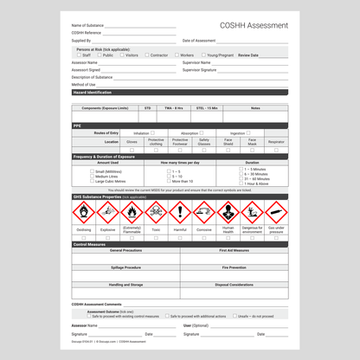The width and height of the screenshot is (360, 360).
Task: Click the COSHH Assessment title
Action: [x=254, y=26]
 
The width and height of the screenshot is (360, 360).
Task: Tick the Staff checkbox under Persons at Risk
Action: [x=77, y=55]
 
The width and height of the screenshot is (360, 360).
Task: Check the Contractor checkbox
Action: [x=146, y=55]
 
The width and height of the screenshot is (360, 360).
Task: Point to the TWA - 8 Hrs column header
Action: [x=173, y=108]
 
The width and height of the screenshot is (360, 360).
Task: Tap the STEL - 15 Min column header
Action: [x=207, y=108]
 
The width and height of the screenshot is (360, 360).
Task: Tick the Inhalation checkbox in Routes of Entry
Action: [x=153, y=133]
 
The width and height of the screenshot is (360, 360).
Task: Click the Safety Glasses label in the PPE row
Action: [x=204, y=141]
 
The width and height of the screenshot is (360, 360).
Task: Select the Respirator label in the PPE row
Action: [x=276, y=141]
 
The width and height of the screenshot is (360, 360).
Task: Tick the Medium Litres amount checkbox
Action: [x=93, y=177]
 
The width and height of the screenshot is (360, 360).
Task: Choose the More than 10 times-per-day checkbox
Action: [x=169, y=182]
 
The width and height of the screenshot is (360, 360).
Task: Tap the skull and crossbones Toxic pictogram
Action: [x=156, y=212]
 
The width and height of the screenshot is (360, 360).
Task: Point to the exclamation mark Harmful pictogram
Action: [x=180, y=212]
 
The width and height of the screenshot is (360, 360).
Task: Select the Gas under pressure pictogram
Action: [x=276, y=212]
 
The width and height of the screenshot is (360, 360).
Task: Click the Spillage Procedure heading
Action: [x=126, y=267]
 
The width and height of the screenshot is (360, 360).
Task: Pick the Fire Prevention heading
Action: [x=234, y=267]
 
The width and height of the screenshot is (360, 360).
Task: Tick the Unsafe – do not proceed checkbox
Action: [x=233, y=316]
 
